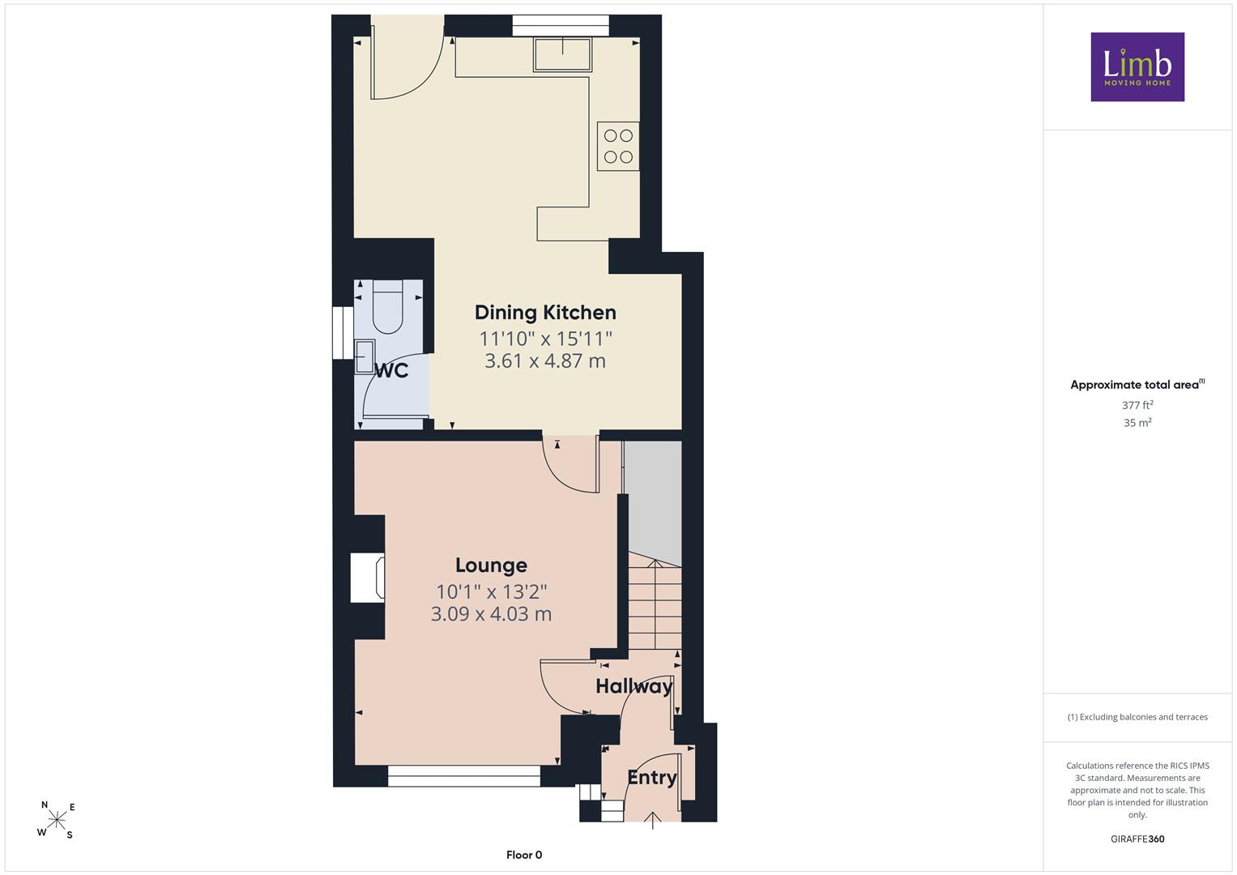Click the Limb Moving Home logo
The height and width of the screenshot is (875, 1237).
pyautogui.click(x=1137, y=66)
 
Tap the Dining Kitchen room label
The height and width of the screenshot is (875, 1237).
pyautogui.click(x=545, y=313)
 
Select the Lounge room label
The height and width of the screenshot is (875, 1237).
pyautogui.click(x=491, y=566)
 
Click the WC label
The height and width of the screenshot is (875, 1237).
pyautogui.click(x=391, y=371)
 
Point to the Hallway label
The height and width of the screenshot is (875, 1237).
pyautogui.click(x=634, y=687)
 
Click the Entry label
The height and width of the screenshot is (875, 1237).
pyautogui.click(x=652, y=778)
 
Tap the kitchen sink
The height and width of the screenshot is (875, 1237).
pyautogui.click(x=562, y=54)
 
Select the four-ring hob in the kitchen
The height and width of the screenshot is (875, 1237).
pyautogui.click(x=618, y=146)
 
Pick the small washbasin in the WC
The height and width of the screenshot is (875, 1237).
pyautogui.click(x=365, y=356)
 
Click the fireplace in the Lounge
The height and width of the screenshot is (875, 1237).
pyautogui.click(x=368, y=578)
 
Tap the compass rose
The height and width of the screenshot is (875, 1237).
pyautogui.click(x=57, y=818)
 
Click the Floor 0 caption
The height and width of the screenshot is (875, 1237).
pyautogui.click(x=524, y=855)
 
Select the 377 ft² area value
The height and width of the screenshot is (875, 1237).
pyautogui.click(x=1137, y=405)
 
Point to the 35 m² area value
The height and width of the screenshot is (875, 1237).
pyautogui.click(x=1137, y=423)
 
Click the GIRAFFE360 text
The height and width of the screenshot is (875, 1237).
pyautogui.click(x=1137, y=839)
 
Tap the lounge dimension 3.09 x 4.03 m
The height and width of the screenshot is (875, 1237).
pyautogui.click(x=491, y=614)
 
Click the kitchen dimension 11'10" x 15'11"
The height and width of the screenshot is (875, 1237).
pyautogui.click(x=546, y=338)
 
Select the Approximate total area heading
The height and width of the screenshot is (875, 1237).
pyautogui.click(x=1137, y=385)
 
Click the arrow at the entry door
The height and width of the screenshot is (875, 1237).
pyautogui.click(x=653, y=820)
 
